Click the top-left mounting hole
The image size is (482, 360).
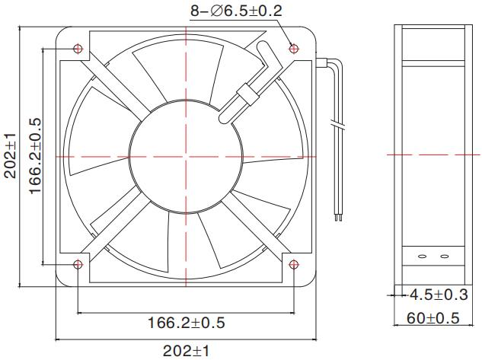point(78,48)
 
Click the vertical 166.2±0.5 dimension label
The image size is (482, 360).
point(35,155)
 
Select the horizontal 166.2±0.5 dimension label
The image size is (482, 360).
point(187,323)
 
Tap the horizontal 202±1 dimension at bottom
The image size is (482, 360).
point(187,350)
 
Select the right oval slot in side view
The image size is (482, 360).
point(444,257)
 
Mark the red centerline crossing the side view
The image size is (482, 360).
point(430,155)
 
